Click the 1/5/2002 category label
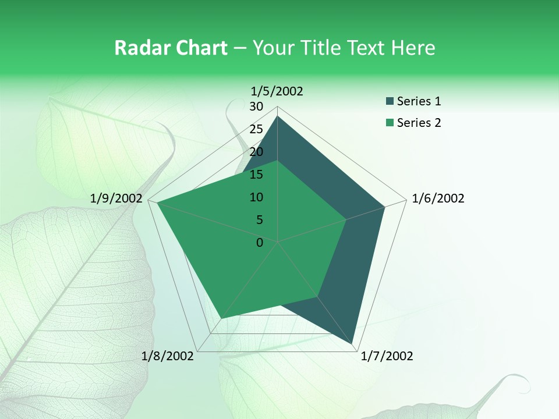pyautogui.click(x=277, y=91)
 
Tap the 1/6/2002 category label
pyautogui.click(x=438, y=198)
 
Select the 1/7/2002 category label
pyautogui.click(x=387, y=356)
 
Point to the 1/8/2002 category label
pyautogui.click(x=168, y=356)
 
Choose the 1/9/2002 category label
pyautogui.click(x=116, y=198)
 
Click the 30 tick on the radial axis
pyautogui.click(x=256, y=106)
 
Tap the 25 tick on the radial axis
pyautogui.click(x=256, y=129)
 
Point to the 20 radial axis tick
pyautogui.click(x=256, y=152)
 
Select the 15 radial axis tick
pyautogui.click(x=256, y=175)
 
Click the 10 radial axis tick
pyautogui.click(x=256, y=197)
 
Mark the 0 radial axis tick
pyautogui.click(x=260, y=243)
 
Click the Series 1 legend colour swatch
pyautogui.click(x=390, y=102)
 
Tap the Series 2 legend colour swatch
pyautogui.click(x=390, y=123)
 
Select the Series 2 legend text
pyautogui.click(x=419, y=123)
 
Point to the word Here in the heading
pyautogui.click(x=413, y=48)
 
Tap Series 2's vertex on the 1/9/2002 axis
pyautogui.click(x=157, y=203)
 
